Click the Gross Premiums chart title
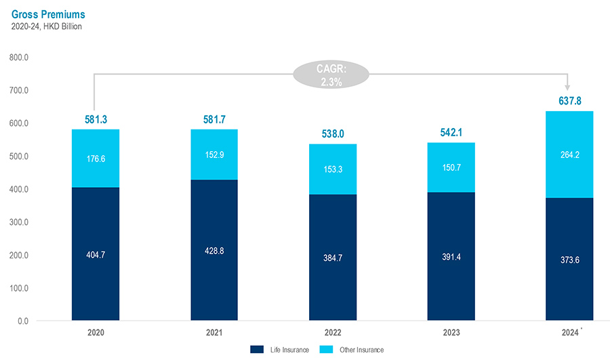[x=49, y=14]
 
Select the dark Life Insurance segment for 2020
[x=96, y=254]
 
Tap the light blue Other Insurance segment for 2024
[x=570, y=155]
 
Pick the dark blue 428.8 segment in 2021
[x=214, y=249]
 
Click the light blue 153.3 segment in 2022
[x=333, y=169]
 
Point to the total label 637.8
[x=569, y=101]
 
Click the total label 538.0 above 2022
[x=333, y=134]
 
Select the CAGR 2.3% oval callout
[x=331, y=75]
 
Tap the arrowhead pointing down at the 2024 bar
[x=567, y=87]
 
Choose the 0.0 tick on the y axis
[x=23, y=321]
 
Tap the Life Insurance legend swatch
[x=257, y=349]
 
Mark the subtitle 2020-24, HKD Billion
[x=47, y=26]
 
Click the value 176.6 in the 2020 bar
[x=96, y=159]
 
